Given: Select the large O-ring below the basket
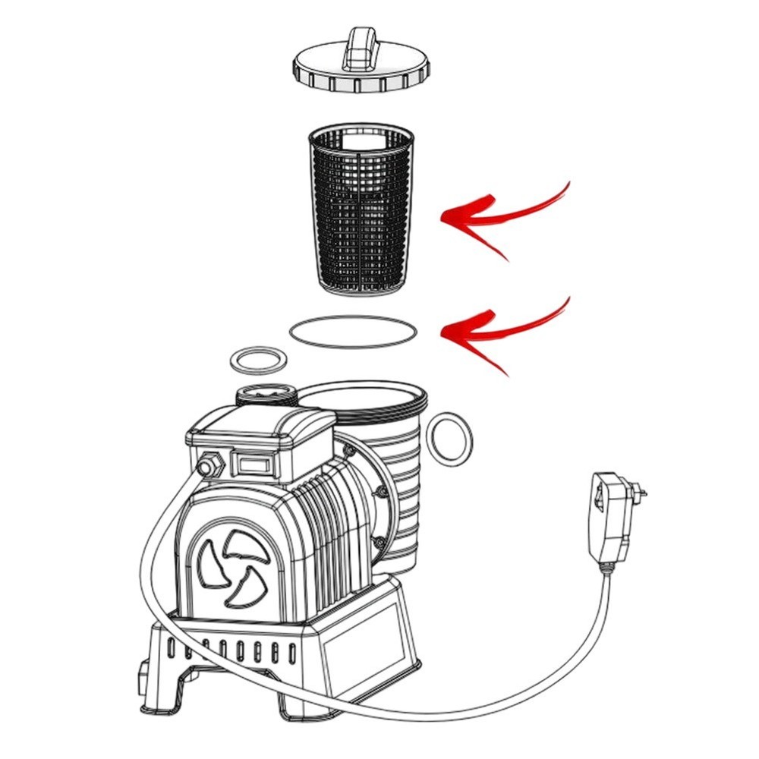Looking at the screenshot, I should [354, 332].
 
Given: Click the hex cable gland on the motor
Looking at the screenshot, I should [206, 465].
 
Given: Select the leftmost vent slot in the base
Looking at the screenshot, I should [172, 648].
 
